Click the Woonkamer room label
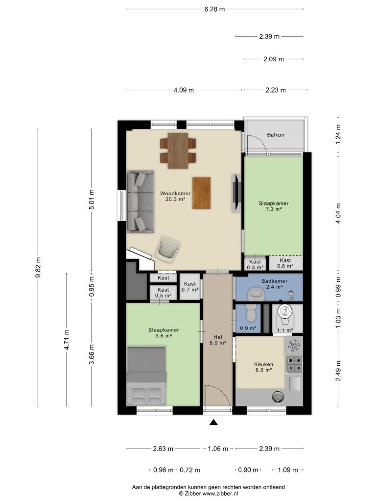(x=175, y=193)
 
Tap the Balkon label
(x=276, y=135)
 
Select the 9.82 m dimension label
(x=38, y=268)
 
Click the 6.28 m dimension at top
(x=214, y=9)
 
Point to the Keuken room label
(x=263, y=364)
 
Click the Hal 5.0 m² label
(x=218, y=340)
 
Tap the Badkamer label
(x=274, y=281)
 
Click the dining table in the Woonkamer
(x=178, y=151)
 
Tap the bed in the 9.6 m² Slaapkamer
(x=146, y=376)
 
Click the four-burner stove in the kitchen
(x=294, y=365)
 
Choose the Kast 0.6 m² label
(x=285, y=263)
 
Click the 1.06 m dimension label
(x=218, y=449)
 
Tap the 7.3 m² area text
(x=274, y=209)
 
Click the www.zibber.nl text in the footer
(x=220, y=494)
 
